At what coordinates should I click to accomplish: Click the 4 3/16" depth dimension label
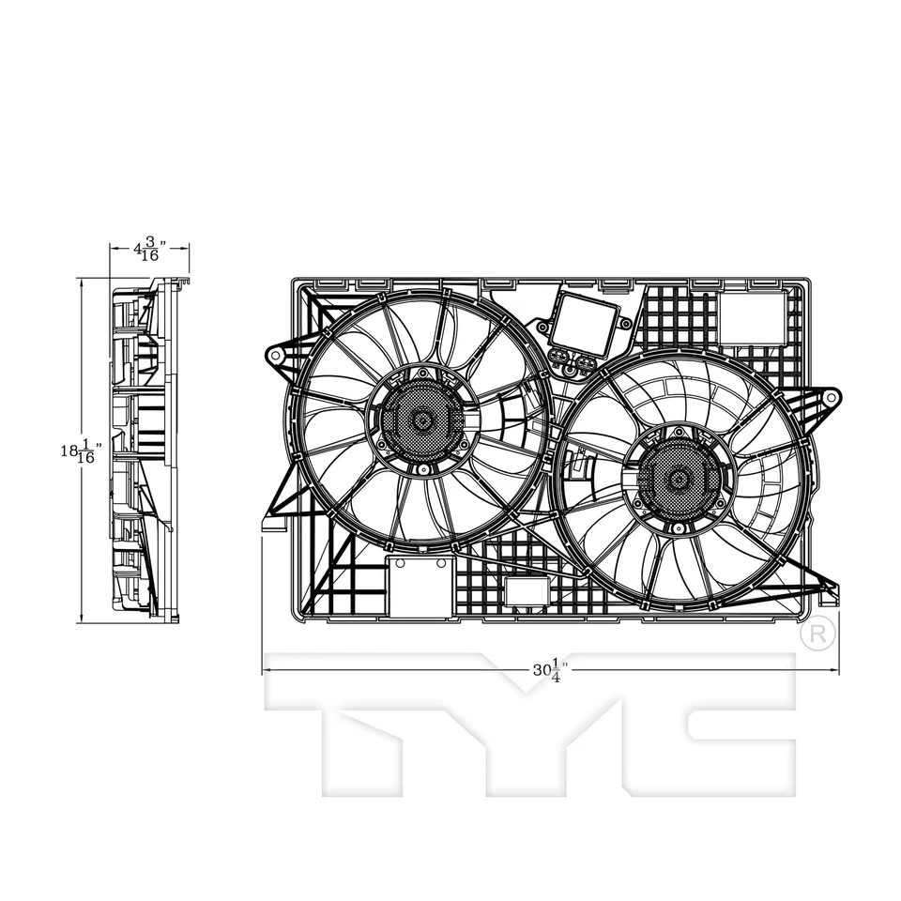click(148, 251)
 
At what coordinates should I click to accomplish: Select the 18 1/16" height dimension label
click(80, 451)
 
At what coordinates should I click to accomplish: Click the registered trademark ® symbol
click(817, 634)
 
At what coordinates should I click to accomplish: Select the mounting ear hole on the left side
click(276, 356)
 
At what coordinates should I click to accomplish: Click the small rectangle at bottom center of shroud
click(527, 590)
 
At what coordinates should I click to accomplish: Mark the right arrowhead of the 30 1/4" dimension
click(835, 670)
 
